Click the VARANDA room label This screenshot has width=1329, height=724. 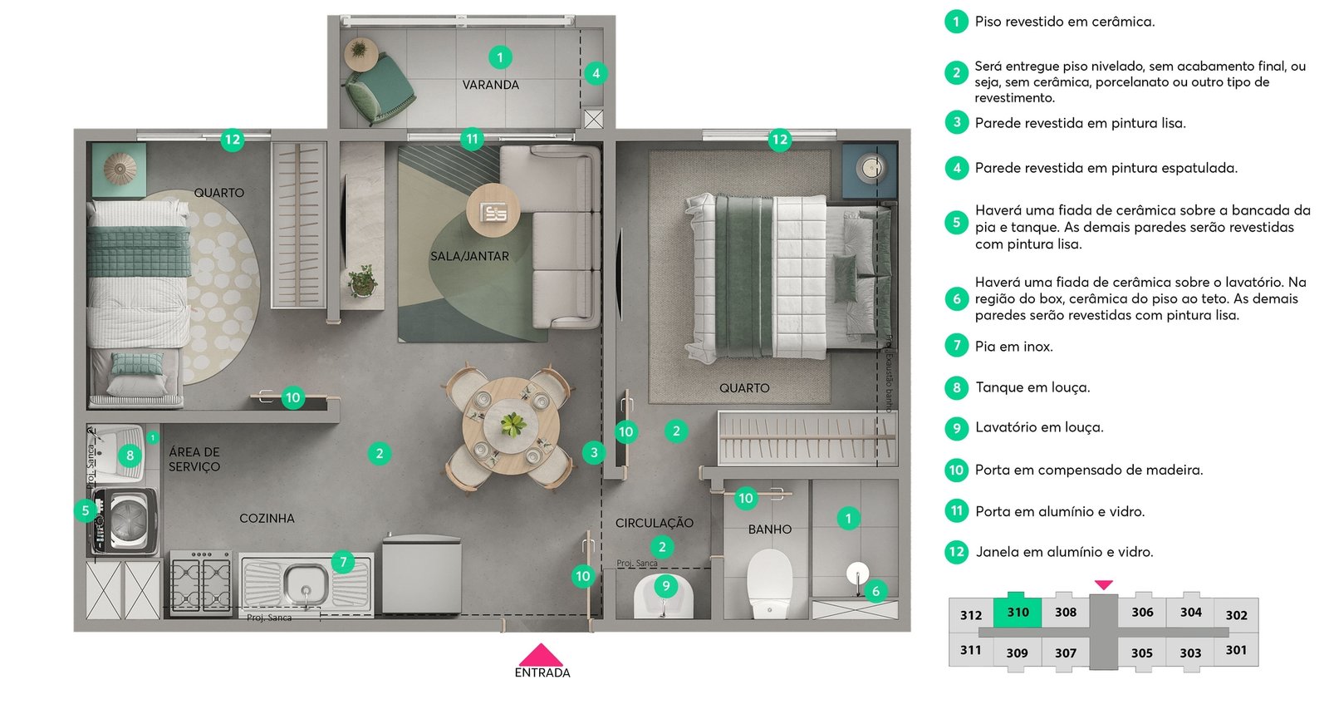tap(491, 85)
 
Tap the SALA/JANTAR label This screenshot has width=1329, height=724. tap(469, 256)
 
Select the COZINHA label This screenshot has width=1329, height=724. tap(267, 519)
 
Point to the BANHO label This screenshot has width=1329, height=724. tap(769, 529)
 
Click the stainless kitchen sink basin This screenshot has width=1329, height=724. tap(305, 584)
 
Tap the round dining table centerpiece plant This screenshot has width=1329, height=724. tap(512, 424)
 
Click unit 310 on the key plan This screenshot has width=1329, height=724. tap(1018, 612)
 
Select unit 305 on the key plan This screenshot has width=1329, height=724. tap(1141, 653)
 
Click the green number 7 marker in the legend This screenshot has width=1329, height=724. tap(956, 346)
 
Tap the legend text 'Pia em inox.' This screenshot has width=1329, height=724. tap(1014, 347)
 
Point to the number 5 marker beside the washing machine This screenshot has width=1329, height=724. tap(86, 510)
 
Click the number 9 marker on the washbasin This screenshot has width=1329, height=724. tap(665, 586)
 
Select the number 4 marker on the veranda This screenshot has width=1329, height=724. tap(596, 74)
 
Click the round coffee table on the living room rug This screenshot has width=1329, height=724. tap(493, 211)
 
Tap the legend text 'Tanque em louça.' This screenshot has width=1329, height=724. tap(1032, 387)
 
